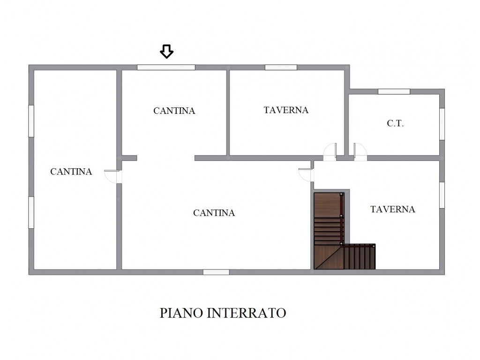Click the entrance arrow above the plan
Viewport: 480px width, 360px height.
coord(166,52)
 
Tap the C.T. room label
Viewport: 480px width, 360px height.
coord(395,123)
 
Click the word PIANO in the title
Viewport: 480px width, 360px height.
coord(181,313)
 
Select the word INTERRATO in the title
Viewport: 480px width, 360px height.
coord(247,313)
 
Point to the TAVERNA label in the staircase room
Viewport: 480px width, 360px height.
coord(393,210)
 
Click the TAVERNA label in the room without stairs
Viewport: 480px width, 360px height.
coord(286,110)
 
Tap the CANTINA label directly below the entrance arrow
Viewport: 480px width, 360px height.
coord(174,111)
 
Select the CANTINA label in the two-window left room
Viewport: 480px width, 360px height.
coord(71,172)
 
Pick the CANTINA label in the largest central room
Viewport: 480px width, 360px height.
coord(214,213)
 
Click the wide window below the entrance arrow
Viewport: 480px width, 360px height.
coord(166,67)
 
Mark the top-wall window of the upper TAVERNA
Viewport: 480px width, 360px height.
coord(281,67)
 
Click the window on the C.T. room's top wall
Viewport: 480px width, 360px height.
coord(394,91)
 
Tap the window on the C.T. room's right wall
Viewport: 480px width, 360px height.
coord(442,124)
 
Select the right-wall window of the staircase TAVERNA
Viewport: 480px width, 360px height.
coord(442,195)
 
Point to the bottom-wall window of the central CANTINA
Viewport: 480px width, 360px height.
coord(216,272)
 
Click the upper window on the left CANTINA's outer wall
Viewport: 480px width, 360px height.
coord(31,121)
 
